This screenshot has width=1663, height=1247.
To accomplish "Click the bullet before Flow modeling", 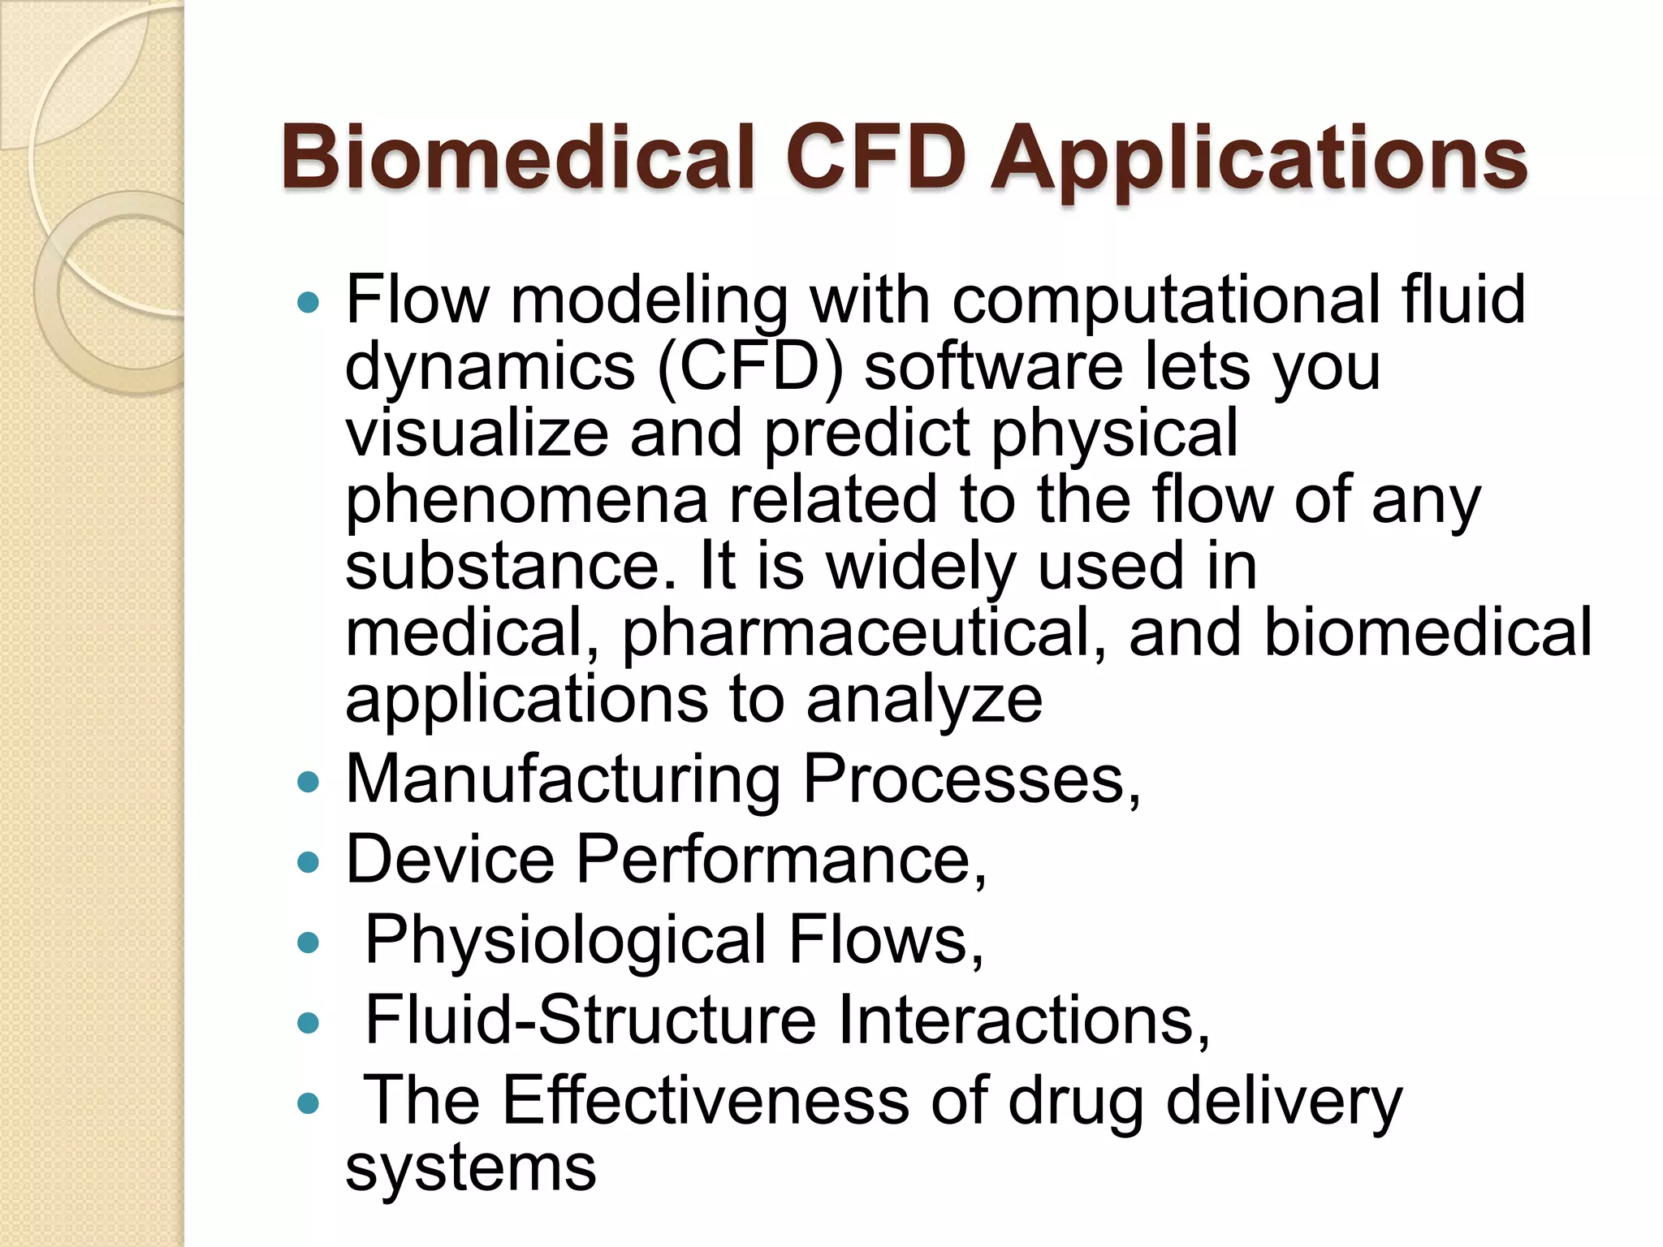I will (309, 304).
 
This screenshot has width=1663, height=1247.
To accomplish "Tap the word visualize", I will (477, 434).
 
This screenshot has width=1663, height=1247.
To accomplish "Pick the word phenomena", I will (527, 502).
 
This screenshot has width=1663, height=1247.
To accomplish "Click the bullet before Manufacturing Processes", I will (309, 782).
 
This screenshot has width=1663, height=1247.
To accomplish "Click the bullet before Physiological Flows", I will (309, 943).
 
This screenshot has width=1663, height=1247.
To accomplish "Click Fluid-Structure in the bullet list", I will (590, 1020).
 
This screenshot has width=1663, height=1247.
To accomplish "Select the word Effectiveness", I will (706, 1101).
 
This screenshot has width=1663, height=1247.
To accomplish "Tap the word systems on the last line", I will (471, 1169).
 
